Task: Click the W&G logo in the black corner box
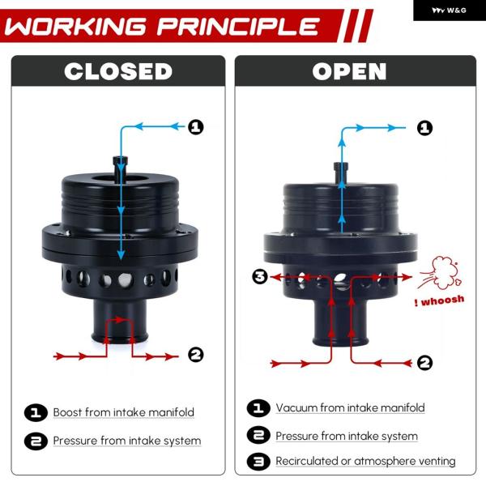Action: coord(449,11)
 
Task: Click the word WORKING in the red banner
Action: coord(75,27)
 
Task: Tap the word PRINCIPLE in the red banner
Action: coord(238,27)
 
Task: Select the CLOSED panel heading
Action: coord(118,71)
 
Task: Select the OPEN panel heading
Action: coord(349,71)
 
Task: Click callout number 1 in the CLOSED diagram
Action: coord(196,127)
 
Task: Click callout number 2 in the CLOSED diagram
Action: coord(196,355)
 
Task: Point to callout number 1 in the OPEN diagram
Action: coord(424,128)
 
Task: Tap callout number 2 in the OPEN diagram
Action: coord(424,363)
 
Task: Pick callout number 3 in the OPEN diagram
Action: coord(260,276)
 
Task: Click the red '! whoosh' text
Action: coord(439,301)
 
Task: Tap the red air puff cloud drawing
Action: coord(440,272)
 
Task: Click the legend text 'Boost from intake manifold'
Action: coord(124,412)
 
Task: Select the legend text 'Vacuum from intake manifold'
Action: coord(350,407)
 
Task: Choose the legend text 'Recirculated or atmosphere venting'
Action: coord(366,461)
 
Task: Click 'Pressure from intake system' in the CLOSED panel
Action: coord(127,441)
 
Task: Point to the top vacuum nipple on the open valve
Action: coord(341,173)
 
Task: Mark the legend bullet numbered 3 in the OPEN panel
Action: coord(258,462)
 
